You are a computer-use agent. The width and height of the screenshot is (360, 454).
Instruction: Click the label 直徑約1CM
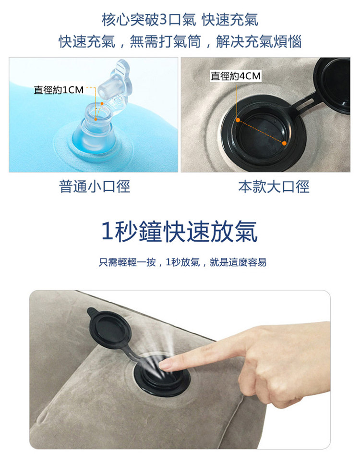click(59, 90)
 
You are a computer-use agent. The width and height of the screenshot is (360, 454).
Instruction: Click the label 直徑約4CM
click(236, 76)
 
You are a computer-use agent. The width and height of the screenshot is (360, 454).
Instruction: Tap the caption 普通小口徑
click(95, 186)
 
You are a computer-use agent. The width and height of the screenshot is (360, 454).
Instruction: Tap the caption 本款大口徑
click(274, 186)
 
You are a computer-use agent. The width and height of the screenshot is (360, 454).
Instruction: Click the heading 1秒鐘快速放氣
click(180, 232)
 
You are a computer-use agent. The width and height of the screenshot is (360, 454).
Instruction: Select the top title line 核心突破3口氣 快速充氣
click(180, 20)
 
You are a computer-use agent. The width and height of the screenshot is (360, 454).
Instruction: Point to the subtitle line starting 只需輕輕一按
click(182, 262)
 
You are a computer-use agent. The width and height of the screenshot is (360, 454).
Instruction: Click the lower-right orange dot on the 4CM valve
click(284, 143)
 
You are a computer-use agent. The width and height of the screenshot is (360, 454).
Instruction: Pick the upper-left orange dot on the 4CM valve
click(238, 120)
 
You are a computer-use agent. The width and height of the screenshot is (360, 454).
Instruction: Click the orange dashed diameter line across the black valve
click(261, 132)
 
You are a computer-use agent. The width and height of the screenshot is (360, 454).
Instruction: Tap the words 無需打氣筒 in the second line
click(165, 41)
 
